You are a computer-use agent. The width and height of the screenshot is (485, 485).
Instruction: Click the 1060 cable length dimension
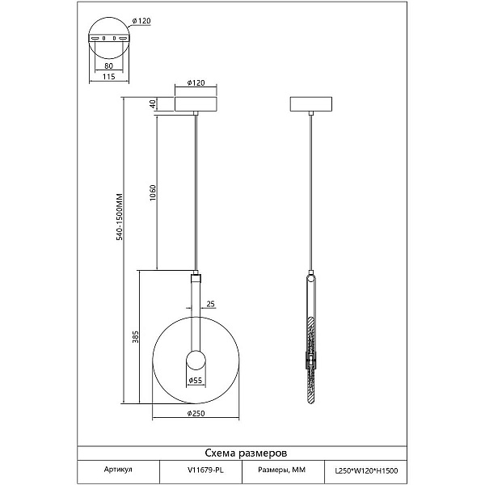point(153,193)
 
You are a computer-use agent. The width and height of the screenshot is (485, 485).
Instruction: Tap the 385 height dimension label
point(136,337)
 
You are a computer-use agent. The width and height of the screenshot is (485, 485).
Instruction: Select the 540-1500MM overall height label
point(120,217)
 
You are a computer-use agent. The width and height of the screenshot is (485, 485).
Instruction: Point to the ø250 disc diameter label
point(196,413)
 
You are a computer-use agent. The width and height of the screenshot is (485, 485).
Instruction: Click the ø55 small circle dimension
point(196,380)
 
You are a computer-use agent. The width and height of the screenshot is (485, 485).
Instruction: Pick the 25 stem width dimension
point(210,304)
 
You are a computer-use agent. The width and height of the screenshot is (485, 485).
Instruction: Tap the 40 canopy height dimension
point(152,104)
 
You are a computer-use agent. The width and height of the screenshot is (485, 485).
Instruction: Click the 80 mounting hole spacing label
point(108,65)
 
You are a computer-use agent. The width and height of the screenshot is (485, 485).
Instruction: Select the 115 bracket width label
point(108,77)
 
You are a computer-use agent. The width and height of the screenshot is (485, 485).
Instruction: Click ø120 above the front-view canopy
point(196,83)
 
